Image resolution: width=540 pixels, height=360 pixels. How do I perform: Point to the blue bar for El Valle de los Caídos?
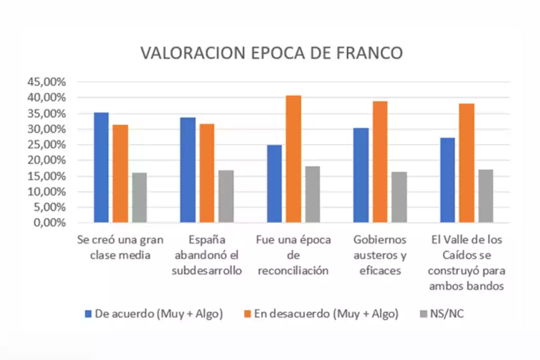click(x=447, y=180)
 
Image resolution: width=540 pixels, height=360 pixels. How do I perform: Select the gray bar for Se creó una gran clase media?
click(x=139, y=198)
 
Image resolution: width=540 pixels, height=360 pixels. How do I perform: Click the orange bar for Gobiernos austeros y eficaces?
click(x=380, y=162)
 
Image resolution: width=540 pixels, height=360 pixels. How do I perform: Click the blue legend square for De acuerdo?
click(x=88, y=314)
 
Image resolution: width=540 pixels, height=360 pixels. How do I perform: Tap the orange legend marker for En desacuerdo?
click(x=247, y=314)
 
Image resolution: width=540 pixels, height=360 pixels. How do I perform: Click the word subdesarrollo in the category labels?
click(x=207, y=271)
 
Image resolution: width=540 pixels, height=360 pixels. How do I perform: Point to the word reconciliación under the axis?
click(x=293, y=271)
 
